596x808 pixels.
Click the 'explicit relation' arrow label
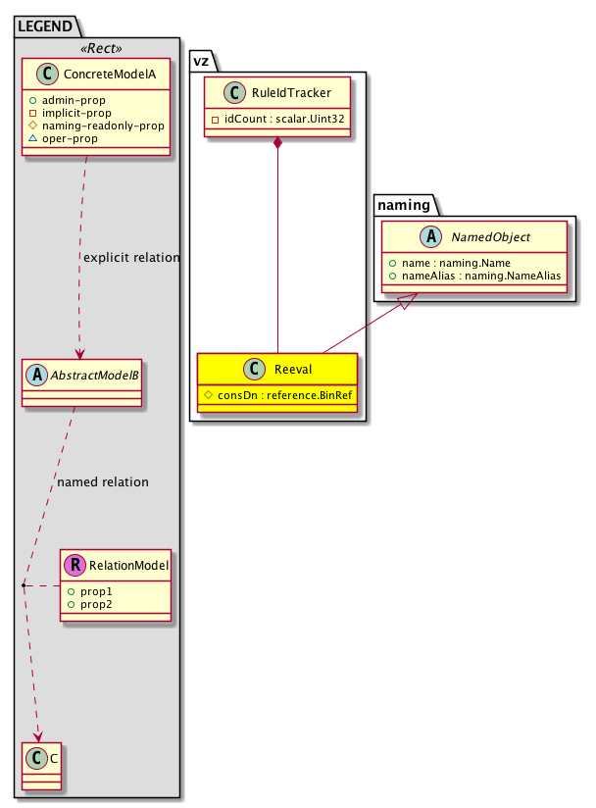131,258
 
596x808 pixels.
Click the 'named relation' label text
103,482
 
